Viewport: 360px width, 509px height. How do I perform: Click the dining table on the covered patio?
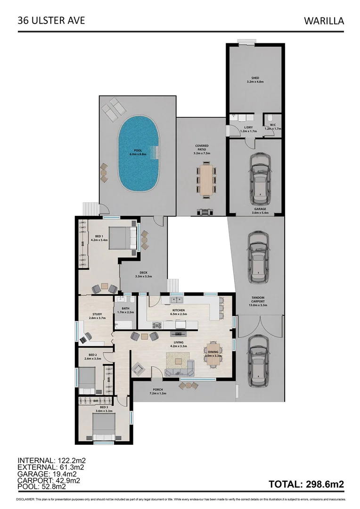[x=207, y=179]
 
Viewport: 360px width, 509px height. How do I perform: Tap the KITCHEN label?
[x=178, y=310]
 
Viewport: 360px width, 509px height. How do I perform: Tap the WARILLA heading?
[x=324, y=21]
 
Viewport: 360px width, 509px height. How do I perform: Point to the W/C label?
[x=269, y=125]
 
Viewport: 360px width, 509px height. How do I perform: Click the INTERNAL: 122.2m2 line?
[x=51, y=460]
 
